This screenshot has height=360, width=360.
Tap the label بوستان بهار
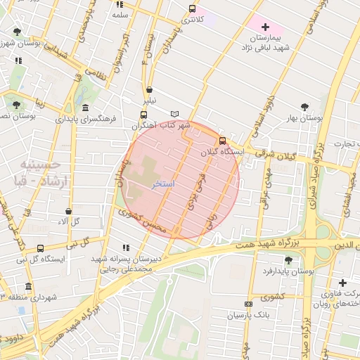pos(302,118)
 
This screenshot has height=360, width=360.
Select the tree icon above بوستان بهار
pos(304,106)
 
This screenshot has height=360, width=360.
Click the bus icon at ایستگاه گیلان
pos(222,141)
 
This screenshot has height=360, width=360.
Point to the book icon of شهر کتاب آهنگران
pos(175,114)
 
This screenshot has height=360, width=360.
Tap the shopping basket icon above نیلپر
pos(150,90)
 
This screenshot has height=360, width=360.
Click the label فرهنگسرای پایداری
pos(84,119)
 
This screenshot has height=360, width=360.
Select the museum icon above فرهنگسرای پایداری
pos(85,108)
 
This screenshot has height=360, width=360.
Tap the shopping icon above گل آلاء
pos(68,211)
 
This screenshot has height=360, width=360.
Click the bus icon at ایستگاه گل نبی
pos(40,248)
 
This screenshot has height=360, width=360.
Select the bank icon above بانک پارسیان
pos(247,304)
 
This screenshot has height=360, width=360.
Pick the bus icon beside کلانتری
pos(192,9)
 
